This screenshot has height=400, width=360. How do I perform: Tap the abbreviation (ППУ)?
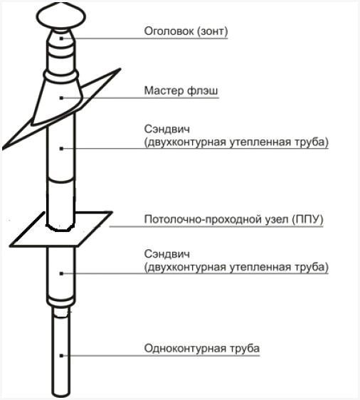click(307, 219)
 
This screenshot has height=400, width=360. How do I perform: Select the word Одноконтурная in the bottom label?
click(176, 348)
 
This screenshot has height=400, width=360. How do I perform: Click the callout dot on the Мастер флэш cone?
click(62, 97)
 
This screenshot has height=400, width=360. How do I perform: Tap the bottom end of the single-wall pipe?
click(62, 394)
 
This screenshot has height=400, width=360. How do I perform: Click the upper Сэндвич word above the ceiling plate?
click(164, 130)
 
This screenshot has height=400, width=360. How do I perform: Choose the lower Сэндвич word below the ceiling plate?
click(164, 254)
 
